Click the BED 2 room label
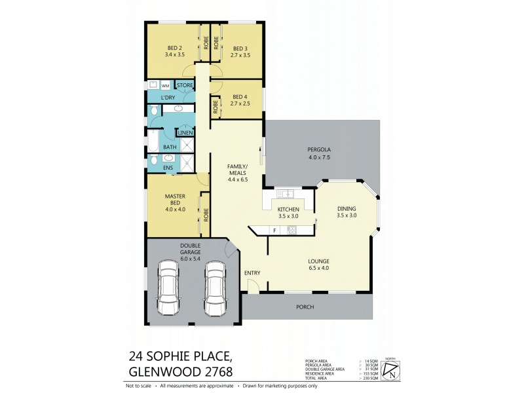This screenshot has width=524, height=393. pos(174,47)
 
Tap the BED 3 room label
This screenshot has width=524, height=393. pos(240,47)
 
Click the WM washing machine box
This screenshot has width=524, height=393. pos(165,86)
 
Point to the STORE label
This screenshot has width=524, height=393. pos(185,86)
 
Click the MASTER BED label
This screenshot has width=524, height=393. pos(174,199)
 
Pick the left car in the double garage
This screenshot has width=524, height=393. pos(170,288)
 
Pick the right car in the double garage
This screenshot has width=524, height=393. pos(214,288)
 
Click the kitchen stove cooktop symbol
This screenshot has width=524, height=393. pos(292,230)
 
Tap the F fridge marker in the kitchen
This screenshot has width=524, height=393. pos(273,230)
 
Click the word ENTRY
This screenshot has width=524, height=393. pos(252,272)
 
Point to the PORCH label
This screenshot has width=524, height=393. pos(305,307)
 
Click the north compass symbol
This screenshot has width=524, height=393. pos(391,371)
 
